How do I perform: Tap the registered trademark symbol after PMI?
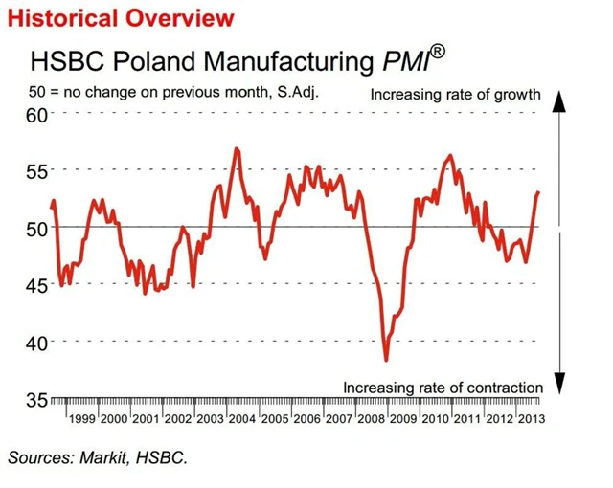436,52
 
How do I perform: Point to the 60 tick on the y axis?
36,115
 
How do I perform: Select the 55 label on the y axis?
36,171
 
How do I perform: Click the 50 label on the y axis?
36,228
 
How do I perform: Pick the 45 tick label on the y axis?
36,285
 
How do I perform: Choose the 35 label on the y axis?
36,399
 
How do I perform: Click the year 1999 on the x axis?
80,420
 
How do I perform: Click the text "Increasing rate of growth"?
456,95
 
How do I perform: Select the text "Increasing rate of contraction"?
443,387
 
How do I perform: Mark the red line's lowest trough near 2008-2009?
386,360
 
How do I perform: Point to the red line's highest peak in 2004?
237,149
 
